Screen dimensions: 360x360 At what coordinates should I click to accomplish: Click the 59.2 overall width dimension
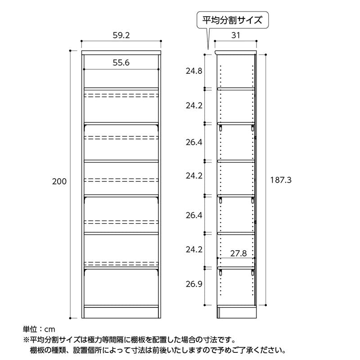click(x=121, y=35)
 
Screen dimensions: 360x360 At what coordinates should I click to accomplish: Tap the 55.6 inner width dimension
click(x=121, y=63)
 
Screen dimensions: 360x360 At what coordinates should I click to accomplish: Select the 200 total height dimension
click(x=59, y=181)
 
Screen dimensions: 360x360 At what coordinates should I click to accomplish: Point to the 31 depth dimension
click(x=235, y=35)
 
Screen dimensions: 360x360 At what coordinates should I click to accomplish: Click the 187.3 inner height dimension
click(x=281, y=180)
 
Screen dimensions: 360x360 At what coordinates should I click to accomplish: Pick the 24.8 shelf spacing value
click(x=194, y=71)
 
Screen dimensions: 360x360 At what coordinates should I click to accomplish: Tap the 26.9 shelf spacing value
click(x=194, y=284)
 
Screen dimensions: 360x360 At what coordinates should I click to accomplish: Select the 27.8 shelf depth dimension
click(x=238, y=253)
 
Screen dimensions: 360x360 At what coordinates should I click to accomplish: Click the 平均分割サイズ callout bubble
click(x=232, y=20)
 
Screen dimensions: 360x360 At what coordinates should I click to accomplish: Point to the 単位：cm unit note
click(x=39, y=329)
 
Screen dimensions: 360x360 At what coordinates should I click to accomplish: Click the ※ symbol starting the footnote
click(x=26, y=340)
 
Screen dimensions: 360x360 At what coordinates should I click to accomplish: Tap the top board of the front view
click(x=121, y=53)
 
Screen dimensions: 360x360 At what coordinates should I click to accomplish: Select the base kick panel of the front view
click(x=121, y=313)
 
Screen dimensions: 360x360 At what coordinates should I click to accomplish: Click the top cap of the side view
click(x=235, y=53)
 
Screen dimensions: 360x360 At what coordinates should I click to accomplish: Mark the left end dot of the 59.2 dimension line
click(x=82, y=41)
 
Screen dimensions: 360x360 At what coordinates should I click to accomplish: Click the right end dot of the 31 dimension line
click(x=256, y=41)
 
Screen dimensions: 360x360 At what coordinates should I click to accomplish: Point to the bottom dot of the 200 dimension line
click(x=70, y=318)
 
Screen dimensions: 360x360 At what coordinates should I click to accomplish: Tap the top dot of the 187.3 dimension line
click(x=265, y=55)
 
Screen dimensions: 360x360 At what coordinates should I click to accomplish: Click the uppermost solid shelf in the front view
click(x=121, y=89)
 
